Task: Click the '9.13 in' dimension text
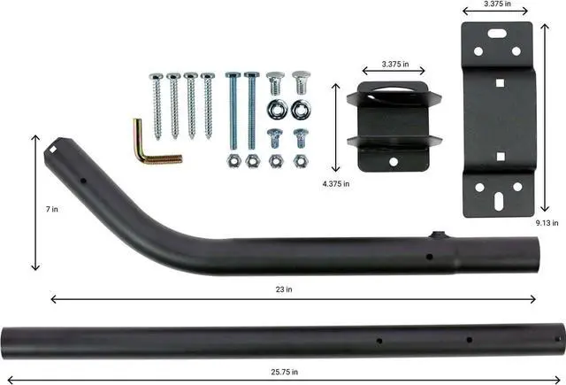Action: click(547, 224)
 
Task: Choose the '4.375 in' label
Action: click(334, 183)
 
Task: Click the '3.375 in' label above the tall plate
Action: click(495, 4)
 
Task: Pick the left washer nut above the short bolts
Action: click(275, 108)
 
